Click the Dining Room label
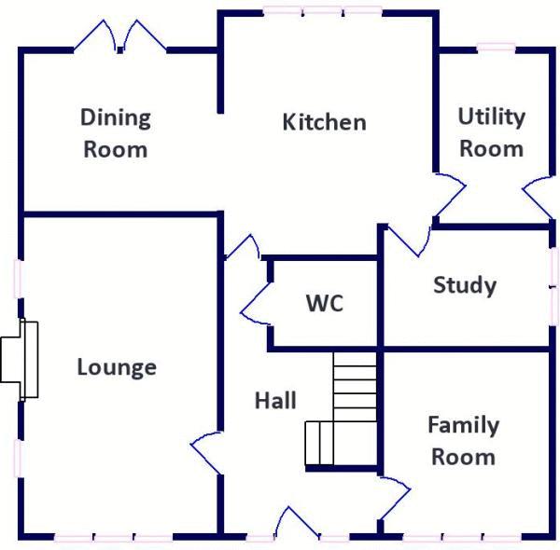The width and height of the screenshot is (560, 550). pyautogui.click(x=116, y=133)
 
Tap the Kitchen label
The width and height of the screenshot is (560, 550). pyautogui.click(x=324, y=122)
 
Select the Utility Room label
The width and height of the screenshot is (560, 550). pyautogui.click(x=491, y=132)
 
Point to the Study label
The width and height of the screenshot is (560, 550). pyautogui.click(x=464, y=285)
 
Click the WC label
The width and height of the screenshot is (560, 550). pyautogui.click(x=324, y=304)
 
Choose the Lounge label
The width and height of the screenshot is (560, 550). pyautogui.click(x=117, y=367)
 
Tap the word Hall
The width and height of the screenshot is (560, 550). pyautogui.click(x=275, y=401)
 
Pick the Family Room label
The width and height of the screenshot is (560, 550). pyautogui.click(x=463, y=441)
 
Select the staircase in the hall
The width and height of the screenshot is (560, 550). pyautogui.click(x=345, y=410)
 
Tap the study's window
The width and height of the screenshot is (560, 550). pyautogui.click(x=553, y=284)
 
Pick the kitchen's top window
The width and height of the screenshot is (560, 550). pyautogui.click(x=322, y=12)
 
